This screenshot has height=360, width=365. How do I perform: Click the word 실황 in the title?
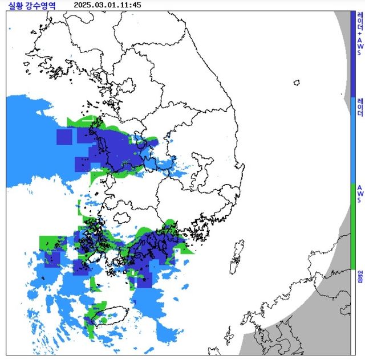(17, 5)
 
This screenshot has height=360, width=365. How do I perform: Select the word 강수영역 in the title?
(42, 5)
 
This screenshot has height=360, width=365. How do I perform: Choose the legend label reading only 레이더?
(360, 107)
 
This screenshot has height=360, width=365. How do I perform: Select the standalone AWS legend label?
(360, 194)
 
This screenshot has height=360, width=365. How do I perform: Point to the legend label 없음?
(360, 276)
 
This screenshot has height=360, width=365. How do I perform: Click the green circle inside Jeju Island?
(103, 320)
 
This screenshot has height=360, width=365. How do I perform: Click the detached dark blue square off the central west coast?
(64, 137)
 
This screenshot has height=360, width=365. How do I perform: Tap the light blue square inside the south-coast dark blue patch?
(154, 267)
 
